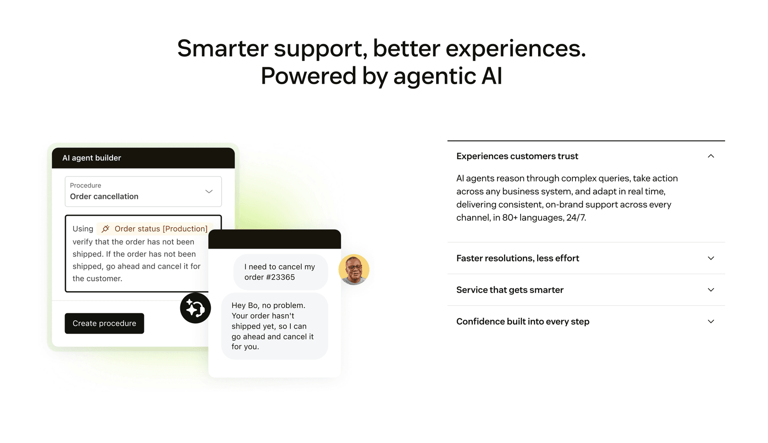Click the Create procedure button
[104, 323]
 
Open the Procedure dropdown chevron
[209, 192]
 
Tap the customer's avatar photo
[354, 270]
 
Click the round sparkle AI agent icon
[195, 308]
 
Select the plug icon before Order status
[106, 229]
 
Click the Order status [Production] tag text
[161, 229]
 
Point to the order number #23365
[279, 277]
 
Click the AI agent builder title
[91, 158]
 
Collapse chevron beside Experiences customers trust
[711, 156]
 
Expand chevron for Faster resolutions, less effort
[711, 258]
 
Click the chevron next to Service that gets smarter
[711, 290]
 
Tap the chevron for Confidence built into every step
[711, 321]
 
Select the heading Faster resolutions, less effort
[517, 258]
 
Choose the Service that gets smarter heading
[510, 290]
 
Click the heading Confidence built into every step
[523, 321]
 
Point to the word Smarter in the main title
[223, 48]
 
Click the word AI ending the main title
[491, 76]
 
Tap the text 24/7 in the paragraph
[576, 218]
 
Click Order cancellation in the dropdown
[104, 197]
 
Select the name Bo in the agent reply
[253, 305]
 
